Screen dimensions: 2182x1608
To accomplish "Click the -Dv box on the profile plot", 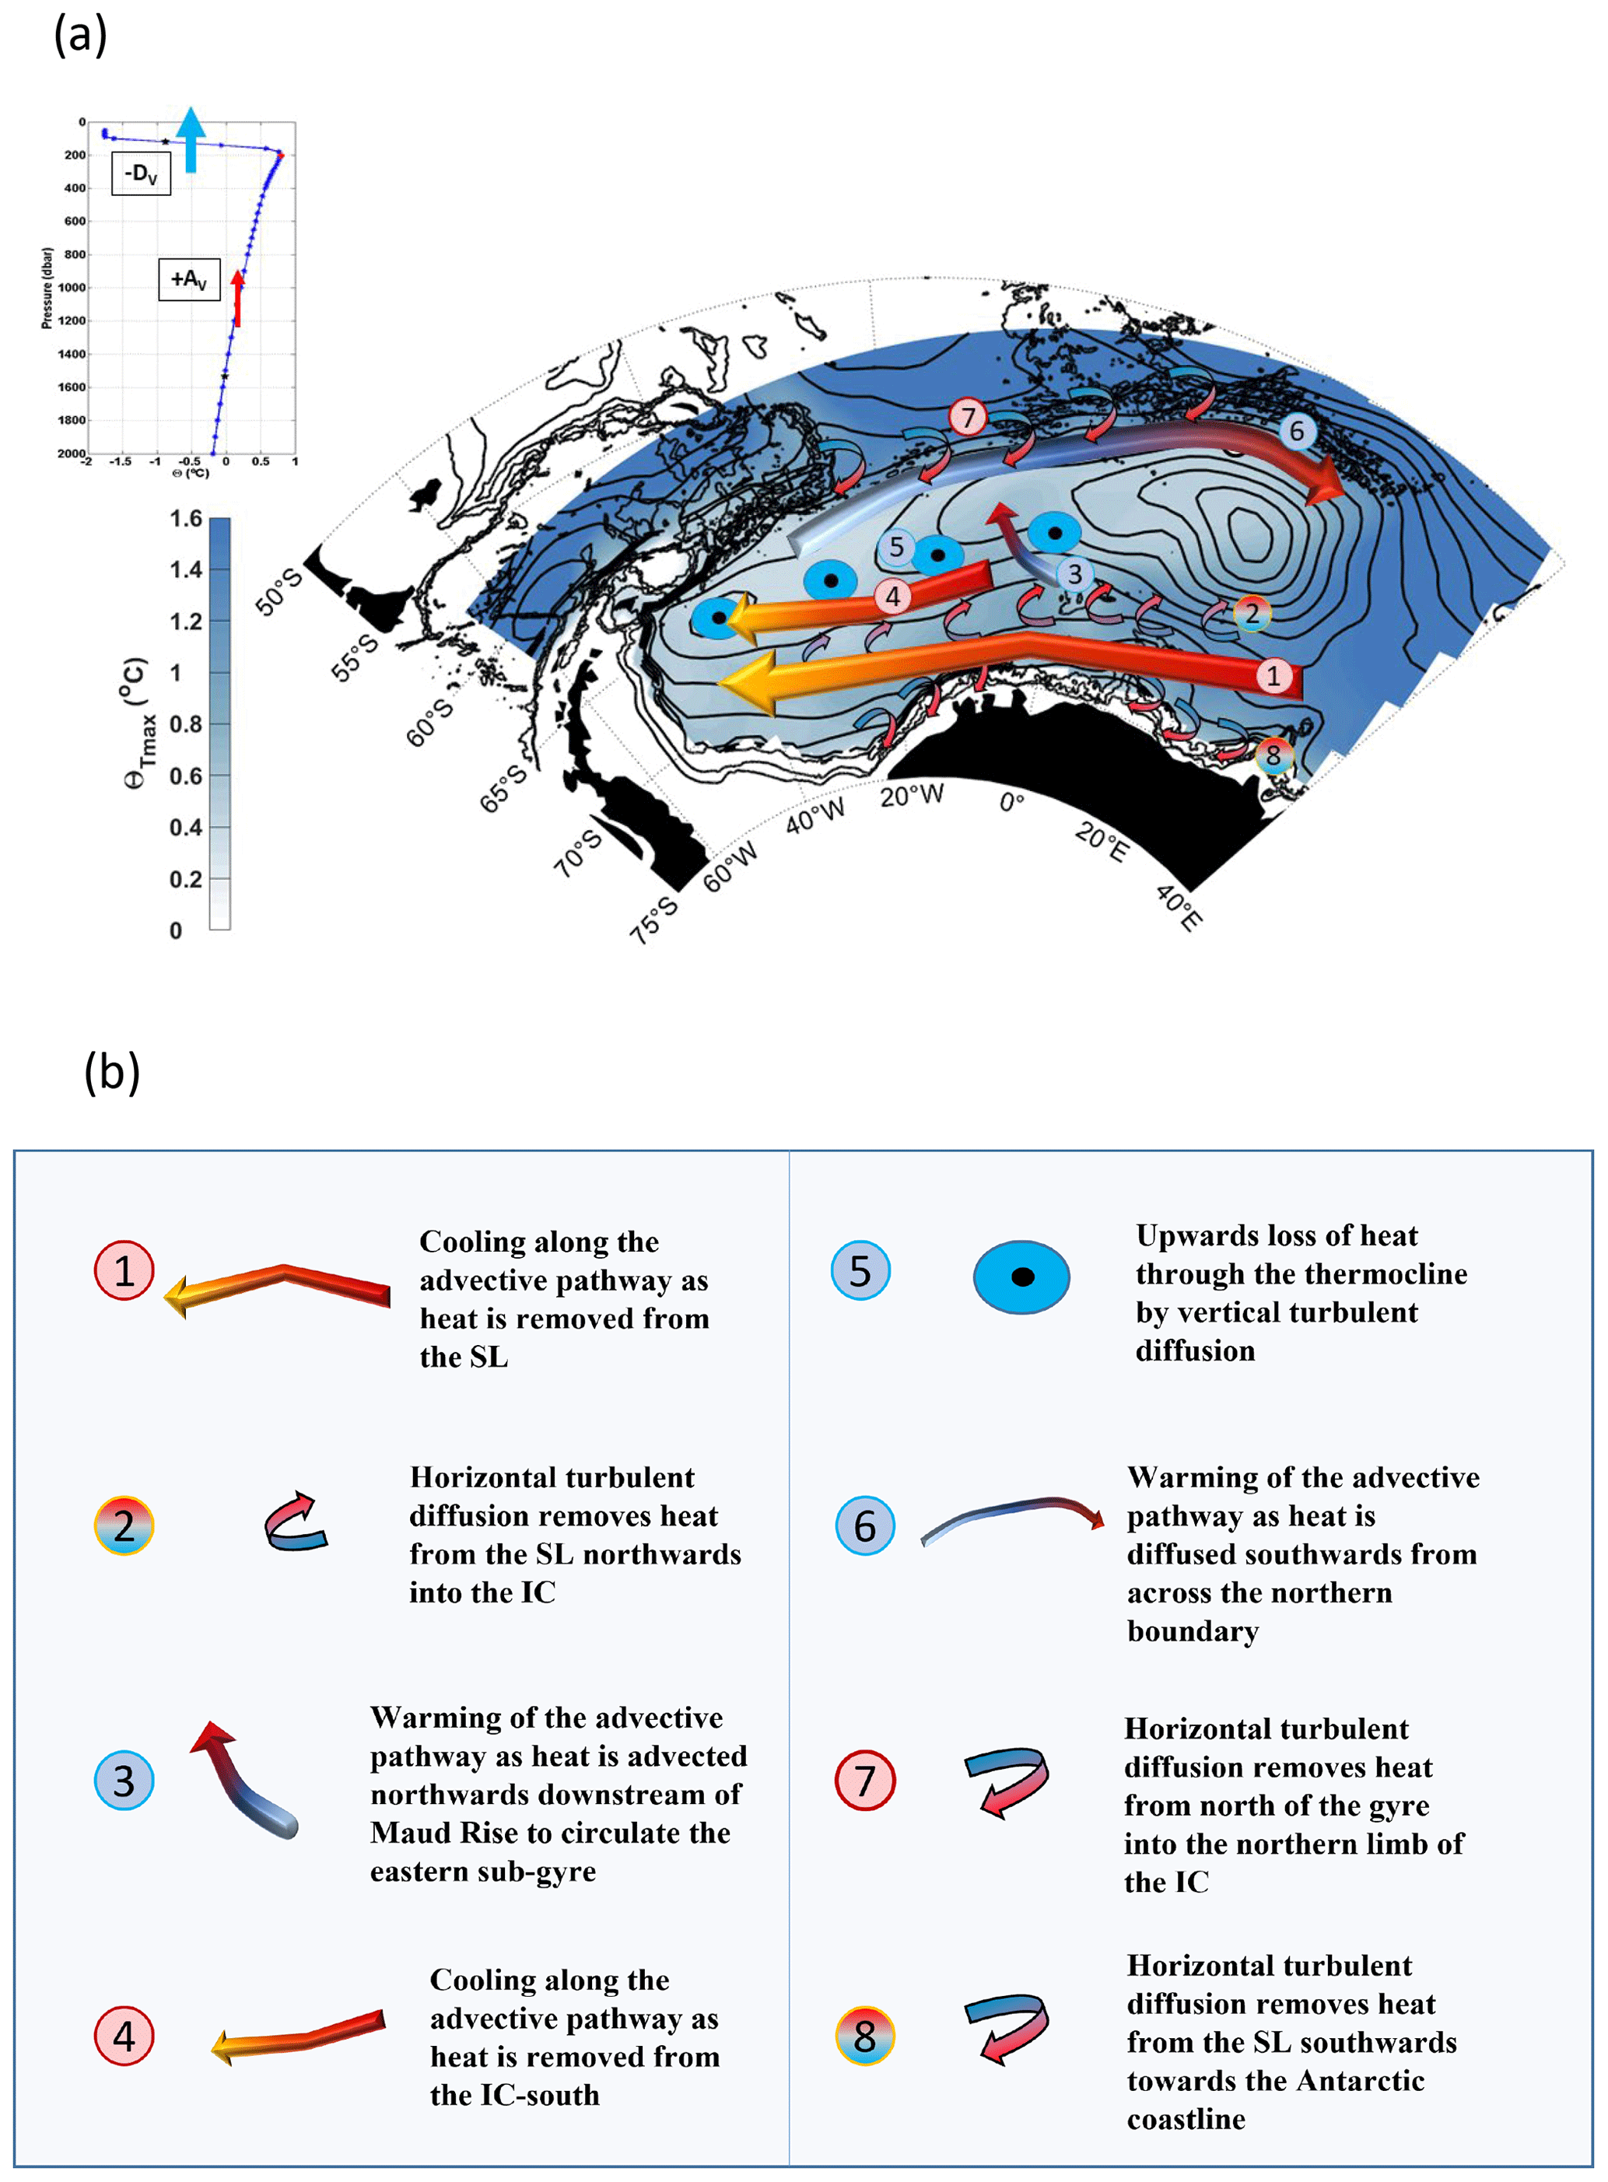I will [141, 174].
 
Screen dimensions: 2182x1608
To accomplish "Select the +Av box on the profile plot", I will [189, 279].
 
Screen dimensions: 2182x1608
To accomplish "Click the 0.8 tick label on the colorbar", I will [185, 724].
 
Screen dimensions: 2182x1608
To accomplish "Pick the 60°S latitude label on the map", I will [429, 722].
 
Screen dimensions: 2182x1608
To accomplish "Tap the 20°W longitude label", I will [911, 796].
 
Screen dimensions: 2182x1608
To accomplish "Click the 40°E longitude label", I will [1179, 907].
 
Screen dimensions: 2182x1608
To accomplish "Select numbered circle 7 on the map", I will [968, 418].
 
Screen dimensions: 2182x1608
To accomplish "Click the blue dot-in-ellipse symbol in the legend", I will [1021, 1276].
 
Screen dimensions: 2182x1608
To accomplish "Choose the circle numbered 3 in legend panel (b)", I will [124, 1780].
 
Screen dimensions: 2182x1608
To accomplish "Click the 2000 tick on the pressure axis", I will [71, 454].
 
